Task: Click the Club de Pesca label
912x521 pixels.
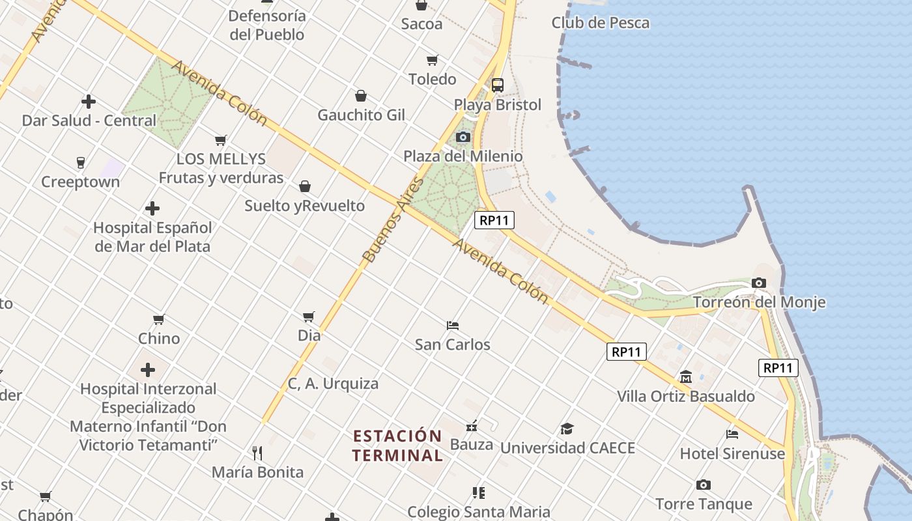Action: (600, 23)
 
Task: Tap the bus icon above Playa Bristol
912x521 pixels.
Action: (498, 85)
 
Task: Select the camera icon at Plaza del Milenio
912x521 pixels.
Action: (463, 137)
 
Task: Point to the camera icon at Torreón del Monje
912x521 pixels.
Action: (758, 283)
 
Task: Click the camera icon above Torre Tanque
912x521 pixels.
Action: (703, 485)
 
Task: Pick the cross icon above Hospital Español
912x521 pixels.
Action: (152, 208)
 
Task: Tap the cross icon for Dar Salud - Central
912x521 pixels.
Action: (89, 102)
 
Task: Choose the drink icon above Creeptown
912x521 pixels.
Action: (81, 162)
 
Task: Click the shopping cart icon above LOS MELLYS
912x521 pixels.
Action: (221, 140)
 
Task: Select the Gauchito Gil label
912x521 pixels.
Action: (361, 115)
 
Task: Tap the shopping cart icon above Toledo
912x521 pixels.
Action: (432, 61)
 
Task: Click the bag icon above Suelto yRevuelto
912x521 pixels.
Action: (304, 187)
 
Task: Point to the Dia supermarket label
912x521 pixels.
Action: (309, 336)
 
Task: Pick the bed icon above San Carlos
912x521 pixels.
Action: (453, 325)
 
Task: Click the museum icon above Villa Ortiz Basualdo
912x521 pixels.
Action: (685, 377)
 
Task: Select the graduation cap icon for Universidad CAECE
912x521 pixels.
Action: (567, 429)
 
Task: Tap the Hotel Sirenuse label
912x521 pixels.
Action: (732, 453)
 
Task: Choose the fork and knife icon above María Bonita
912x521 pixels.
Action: (257, 453)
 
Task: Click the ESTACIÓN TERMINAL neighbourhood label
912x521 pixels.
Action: (397, 445)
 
